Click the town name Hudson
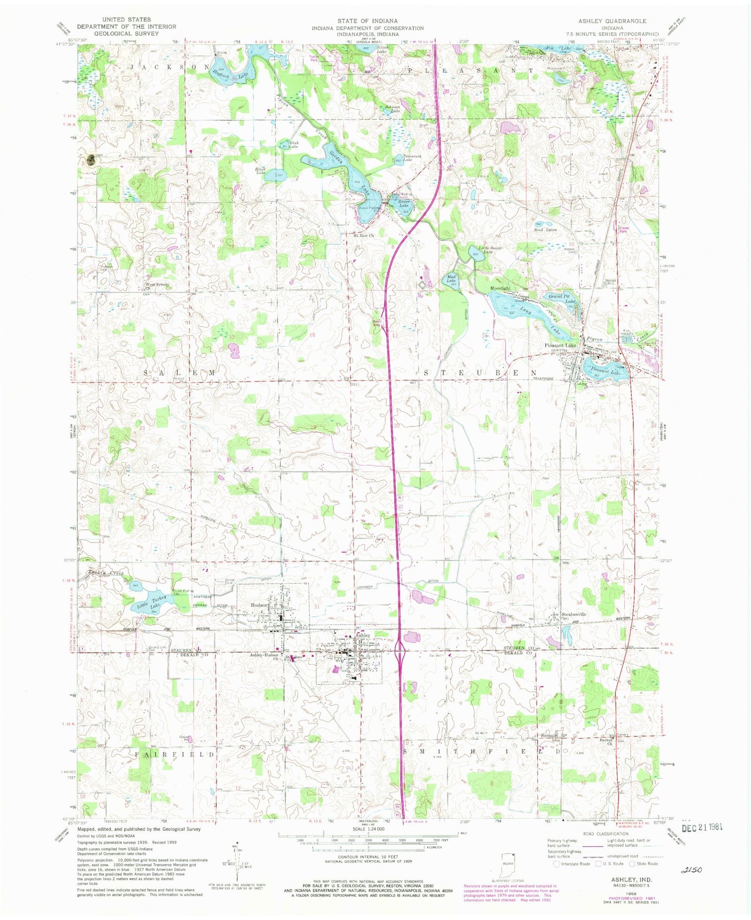pos(260,605)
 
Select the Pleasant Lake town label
pos(560,345)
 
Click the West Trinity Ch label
pos(157,286)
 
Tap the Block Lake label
pos(260,170)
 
